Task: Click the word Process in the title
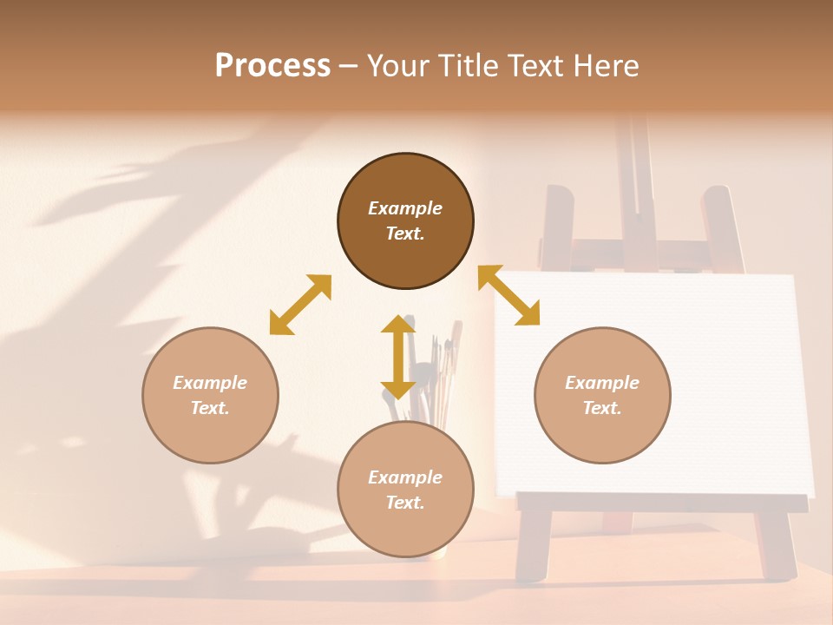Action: click(x=272, y=66)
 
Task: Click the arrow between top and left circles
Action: click(x=300, y=305)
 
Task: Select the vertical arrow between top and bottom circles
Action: click(x=398, y=357)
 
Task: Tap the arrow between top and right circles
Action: click(x=508, y=295)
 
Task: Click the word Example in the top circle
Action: click(x=405, y=208)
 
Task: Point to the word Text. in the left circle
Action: click(x=210, y=408)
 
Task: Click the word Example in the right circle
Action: click(x=602, y=383)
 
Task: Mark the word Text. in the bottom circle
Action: click(x=405, y=503)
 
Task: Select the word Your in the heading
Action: click(x=397, y=66)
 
